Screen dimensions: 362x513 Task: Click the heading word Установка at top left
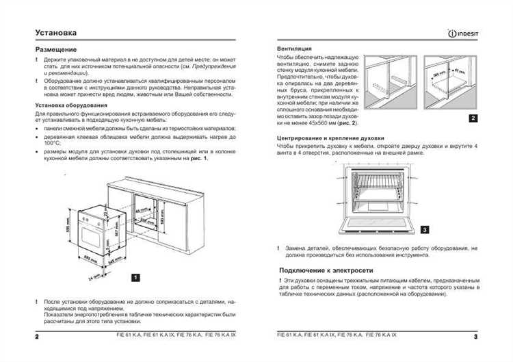point(55,32)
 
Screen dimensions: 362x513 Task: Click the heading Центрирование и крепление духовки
point(331,138)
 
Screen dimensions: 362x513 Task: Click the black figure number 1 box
point(135,277)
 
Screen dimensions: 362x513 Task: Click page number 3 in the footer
point(475,337)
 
